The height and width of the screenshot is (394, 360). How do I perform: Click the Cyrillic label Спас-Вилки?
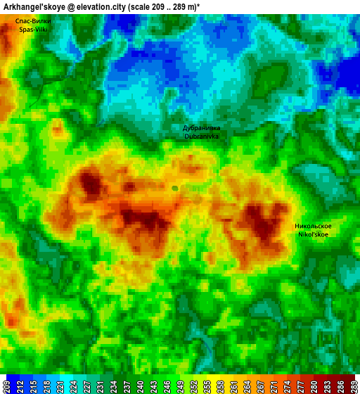(x=32, y=21)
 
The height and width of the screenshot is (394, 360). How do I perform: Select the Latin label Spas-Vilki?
(x=32, y=30)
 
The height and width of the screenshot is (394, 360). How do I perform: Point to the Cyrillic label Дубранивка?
(x=201, y=128)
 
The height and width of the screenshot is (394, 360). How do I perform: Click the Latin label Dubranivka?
(x=201, y=136)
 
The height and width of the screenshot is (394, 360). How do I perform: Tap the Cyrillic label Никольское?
(x=313, y=226)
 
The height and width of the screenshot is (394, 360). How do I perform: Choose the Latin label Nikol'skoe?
(x=313, y=234)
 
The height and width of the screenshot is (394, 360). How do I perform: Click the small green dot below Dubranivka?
(x=174, y=188)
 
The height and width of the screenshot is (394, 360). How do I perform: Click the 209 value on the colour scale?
(x=6, y=386)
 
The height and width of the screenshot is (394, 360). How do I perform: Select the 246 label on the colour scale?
(x=162, y=386)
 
